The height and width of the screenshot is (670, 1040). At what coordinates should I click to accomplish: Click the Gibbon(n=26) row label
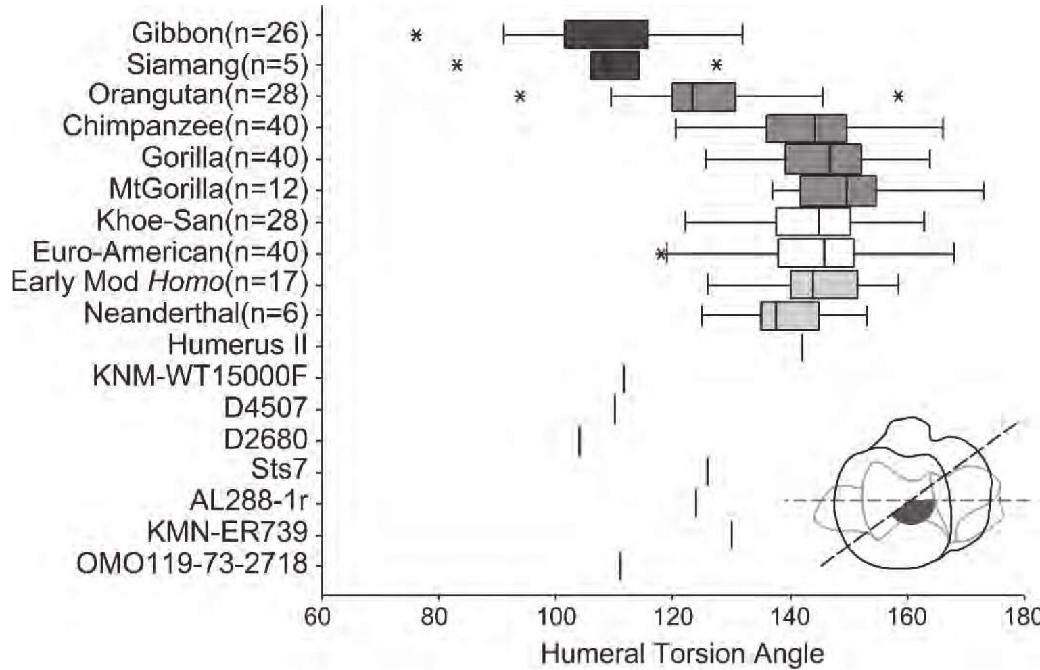point(220,33)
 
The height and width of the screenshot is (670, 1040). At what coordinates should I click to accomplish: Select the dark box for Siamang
point(615,66)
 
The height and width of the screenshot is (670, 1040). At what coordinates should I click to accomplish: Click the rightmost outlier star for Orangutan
point(898,97)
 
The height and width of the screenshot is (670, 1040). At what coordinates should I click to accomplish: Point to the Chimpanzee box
point(806,128)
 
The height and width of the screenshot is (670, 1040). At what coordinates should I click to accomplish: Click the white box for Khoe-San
point(813,221)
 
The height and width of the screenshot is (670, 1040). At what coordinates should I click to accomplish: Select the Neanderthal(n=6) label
point(195,314)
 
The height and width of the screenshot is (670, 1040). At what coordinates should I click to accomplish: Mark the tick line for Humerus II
point(802,347)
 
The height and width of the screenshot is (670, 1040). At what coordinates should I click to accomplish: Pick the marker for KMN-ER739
point(732,534)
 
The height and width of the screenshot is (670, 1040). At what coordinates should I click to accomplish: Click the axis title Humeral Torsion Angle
point(682,654)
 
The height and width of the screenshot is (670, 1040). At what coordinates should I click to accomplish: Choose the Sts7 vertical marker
point(707,471)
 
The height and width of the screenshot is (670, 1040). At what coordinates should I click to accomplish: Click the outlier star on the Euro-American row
point(661,254)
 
